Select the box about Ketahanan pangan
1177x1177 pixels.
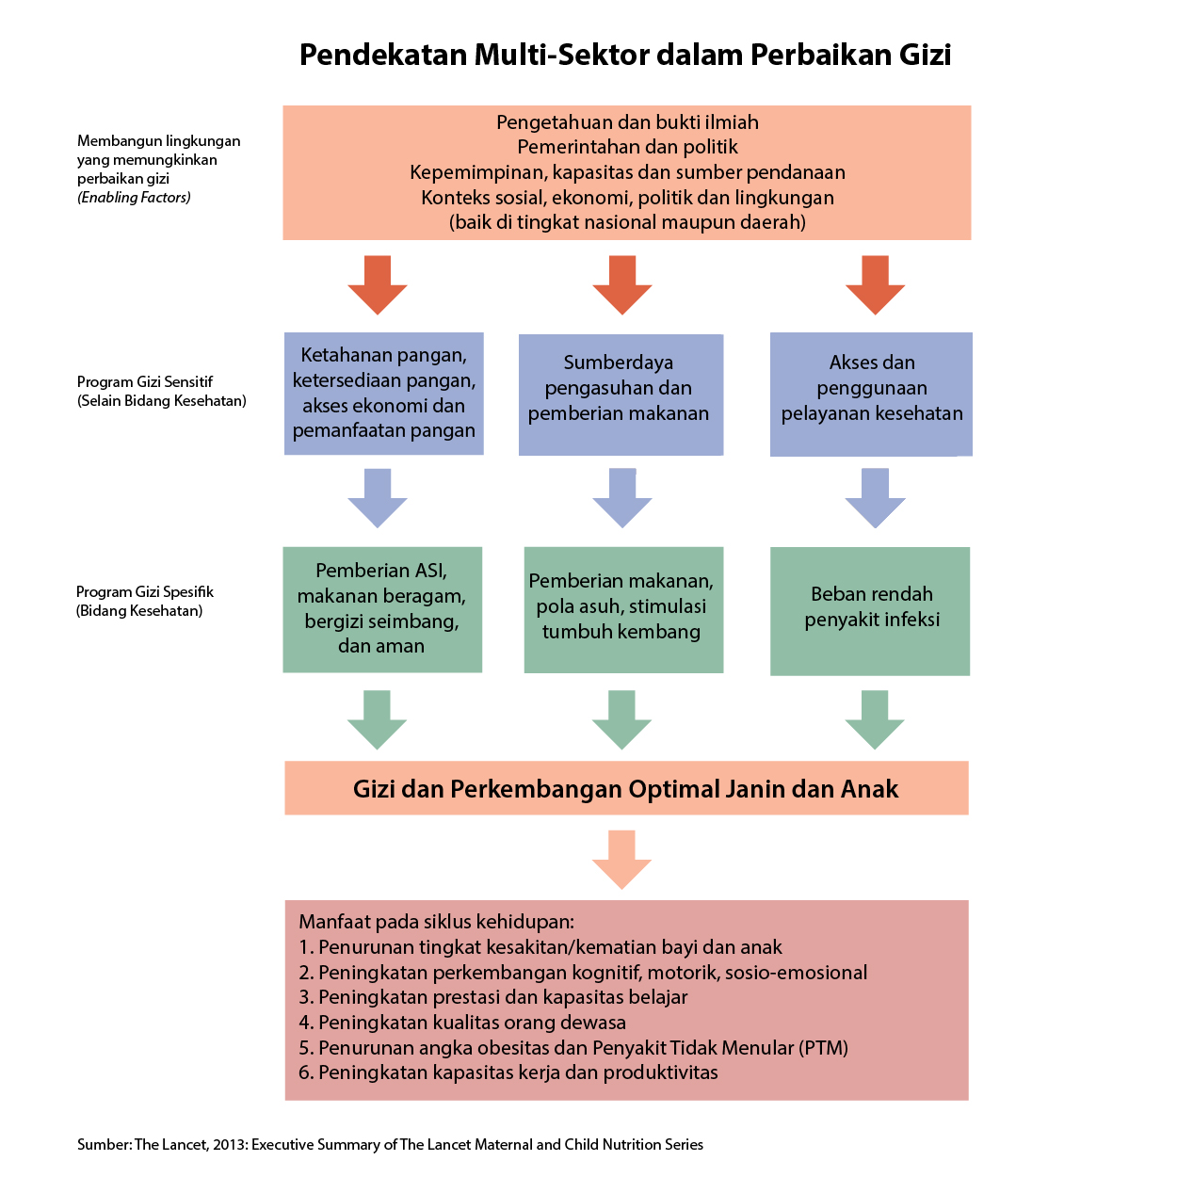tap(383, 394)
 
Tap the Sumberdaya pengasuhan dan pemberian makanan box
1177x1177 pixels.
tap(621, 395)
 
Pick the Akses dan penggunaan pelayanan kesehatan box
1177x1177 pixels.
tap(871, 394)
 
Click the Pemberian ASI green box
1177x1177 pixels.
tap(382, 609)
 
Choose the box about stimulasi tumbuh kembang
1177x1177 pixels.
tap(623, 609)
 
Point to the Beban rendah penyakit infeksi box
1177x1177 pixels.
tap(870, 611)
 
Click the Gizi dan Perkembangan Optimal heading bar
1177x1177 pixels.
tap(626, 787)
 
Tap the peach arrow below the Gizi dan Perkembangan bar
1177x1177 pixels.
tap(621, 860)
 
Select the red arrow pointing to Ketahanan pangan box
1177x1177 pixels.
tap(378, 284)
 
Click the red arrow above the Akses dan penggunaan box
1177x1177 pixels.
tap(875, 284)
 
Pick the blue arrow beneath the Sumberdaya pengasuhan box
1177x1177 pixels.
tap(622, 498)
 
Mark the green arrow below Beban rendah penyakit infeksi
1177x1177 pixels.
tap(875, 719)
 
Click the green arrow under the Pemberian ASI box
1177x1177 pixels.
tap(377, 719)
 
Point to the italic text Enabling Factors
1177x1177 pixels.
tap(134, 198)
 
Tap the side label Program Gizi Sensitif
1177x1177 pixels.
tap(145, 381)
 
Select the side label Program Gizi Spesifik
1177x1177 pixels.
tap(145, 592)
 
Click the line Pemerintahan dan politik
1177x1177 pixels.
tap(627, 147)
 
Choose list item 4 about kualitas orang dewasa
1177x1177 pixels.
tap(462, 1022)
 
